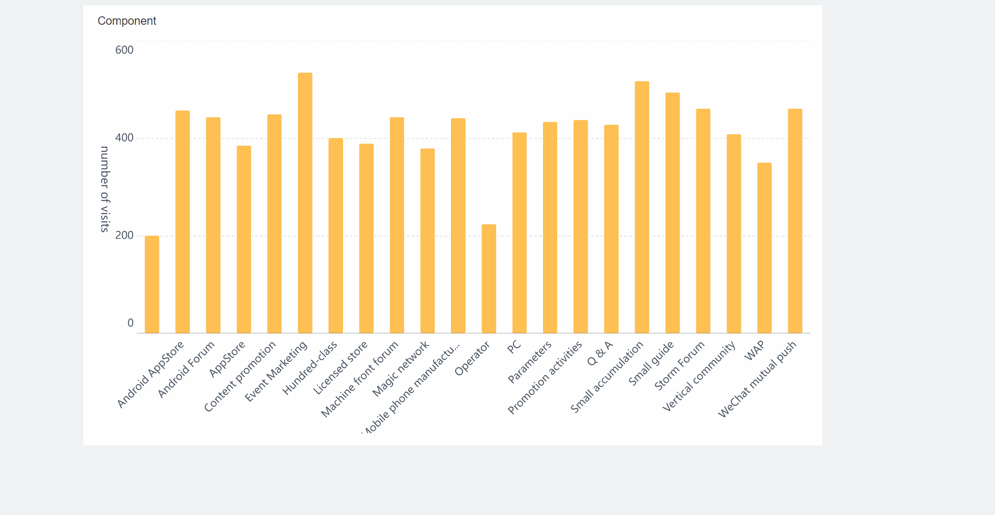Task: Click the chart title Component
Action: [x=127, y=21]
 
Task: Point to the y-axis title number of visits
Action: [x=105, y=189]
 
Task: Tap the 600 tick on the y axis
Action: [x=124, y=50]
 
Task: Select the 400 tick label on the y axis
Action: [x=124, y=138]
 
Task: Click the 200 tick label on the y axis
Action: [x=124, y=235]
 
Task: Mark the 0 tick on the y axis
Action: [x=130, y=323]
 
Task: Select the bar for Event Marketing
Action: [x=305, y=203]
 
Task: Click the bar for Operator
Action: [x=489, y=279]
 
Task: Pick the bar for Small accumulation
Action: [x=642, y=207]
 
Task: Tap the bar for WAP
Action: [x=765, y=248]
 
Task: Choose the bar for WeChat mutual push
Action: [x=795, y=221]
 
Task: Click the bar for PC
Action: [x=519, y=233]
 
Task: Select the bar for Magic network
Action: [x=428, y=241]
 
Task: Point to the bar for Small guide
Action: [x=672, y=213]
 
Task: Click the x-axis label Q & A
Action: [x=600, y=354]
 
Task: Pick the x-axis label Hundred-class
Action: [x=310, y=368]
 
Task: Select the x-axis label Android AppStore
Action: [x=150, y=374]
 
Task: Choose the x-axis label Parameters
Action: [x=529, y=362]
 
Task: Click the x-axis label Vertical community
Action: [x=699, y=376]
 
